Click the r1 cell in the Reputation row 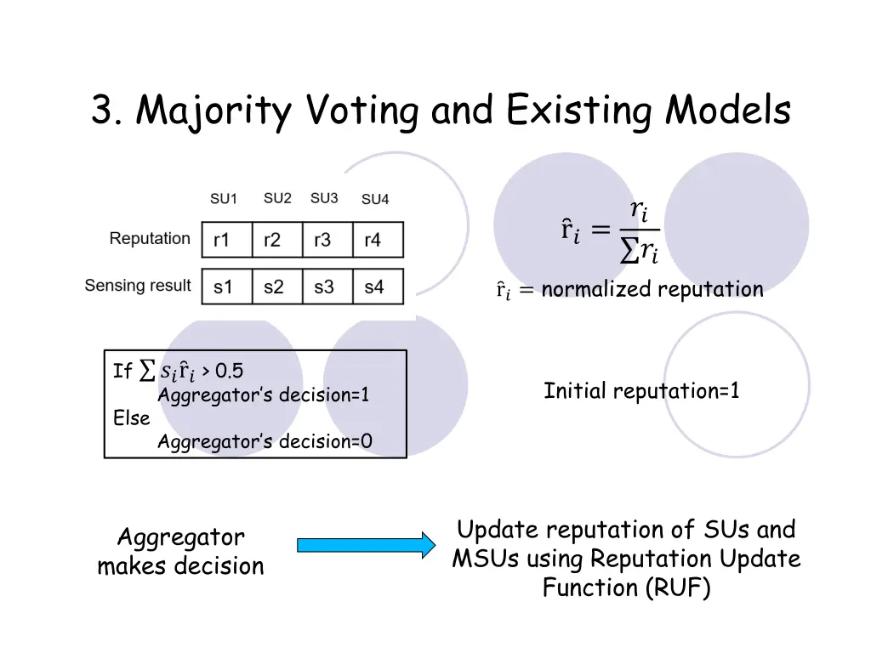[226, 240]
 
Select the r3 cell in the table [327, 240]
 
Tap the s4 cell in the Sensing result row [378, 287]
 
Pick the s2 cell [277, 287]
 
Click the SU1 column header [224, 199]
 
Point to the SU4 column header [375, 199]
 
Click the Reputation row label [150, 239]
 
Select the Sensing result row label [138, 286]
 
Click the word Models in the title [729, 111]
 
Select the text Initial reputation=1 [641, 392]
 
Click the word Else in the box [132, 418]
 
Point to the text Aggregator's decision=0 [265, 441]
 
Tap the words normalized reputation [652, 290]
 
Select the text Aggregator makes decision [180, 552]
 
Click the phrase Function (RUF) [626, 588]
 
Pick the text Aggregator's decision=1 [264, 395]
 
